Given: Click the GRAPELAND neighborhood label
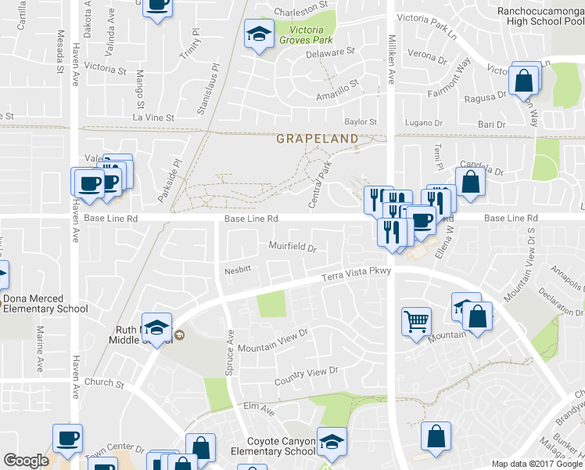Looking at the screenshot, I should pos(317,139).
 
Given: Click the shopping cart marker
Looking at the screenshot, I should pos(415,320).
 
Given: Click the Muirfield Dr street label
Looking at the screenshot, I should pos(292,248).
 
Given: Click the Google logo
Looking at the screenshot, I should pos(26,460).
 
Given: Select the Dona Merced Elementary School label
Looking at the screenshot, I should pos(45,303).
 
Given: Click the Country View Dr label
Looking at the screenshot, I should pos(305,376).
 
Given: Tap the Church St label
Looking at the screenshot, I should pos(104,383).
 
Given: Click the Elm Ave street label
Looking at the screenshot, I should pos(259,408).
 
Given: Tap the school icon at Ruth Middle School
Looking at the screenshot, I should pos(157,327).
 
